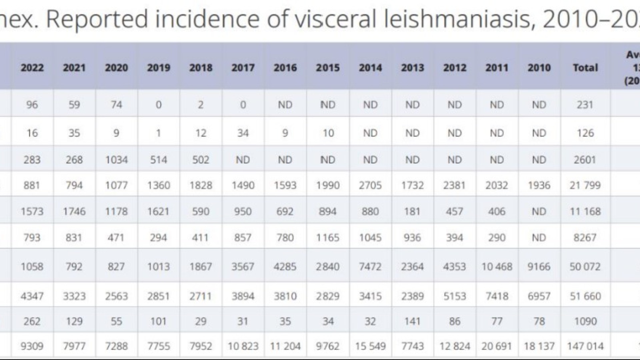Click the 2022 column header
tap(32, 68)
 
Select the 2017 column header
tap(243, 68)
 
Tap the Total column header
tap(585, 68)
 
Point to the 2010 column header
tap(539, 68)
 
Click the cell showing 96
tap(32, 105)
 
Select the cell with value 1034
tap(116, 160)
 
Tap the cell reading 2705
tap(370, 185)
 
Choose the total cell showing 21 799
tap(585, 185)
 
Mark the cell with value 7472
tap(370, 267)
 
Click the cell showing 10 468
tap(497, 267)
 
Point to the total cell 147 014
tap(585, 346)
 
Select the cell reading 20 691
tap(497, 346)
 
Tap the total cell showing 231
tap(585, 105)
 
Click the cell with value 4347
tap(32, 296)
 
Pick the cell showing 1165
tap(328, 238)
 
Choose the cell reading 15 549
tap(370, 346)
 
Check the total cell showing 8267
tap(585, 238)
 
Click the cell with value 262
tap(32, 321)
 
